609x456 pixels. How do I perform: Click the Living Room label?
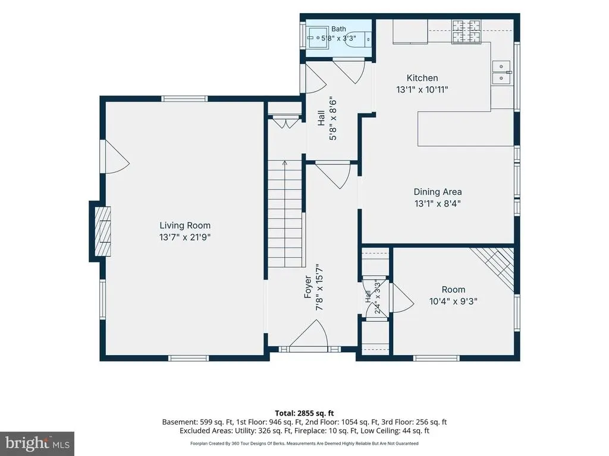[185, 225]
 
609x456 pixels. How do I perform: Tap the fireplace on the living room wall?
[103, 232]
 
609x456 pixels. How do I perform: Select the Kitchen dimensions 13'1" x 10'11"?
[422, 90]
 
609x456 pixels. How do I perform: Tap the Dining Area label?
[438, 192]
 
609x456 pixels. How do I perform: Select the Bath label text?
[338, 29]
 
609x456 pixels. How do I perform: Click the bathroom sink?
[318, 37]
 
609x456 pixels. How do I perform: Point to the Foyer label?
[308, 287]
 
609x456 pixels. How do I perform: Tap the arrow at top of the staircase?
[285, 163]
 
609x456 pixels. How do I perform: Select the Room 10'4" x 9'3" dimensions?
[453, 301]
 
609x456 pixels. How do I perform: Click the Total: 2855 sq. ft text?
[304, 413]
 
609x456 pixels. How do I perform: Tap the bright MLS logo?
[37, 444]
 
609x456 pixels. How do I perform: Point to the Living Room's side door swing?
[115, 157]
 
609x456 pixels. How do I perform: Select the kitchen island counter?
[466, 129]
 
